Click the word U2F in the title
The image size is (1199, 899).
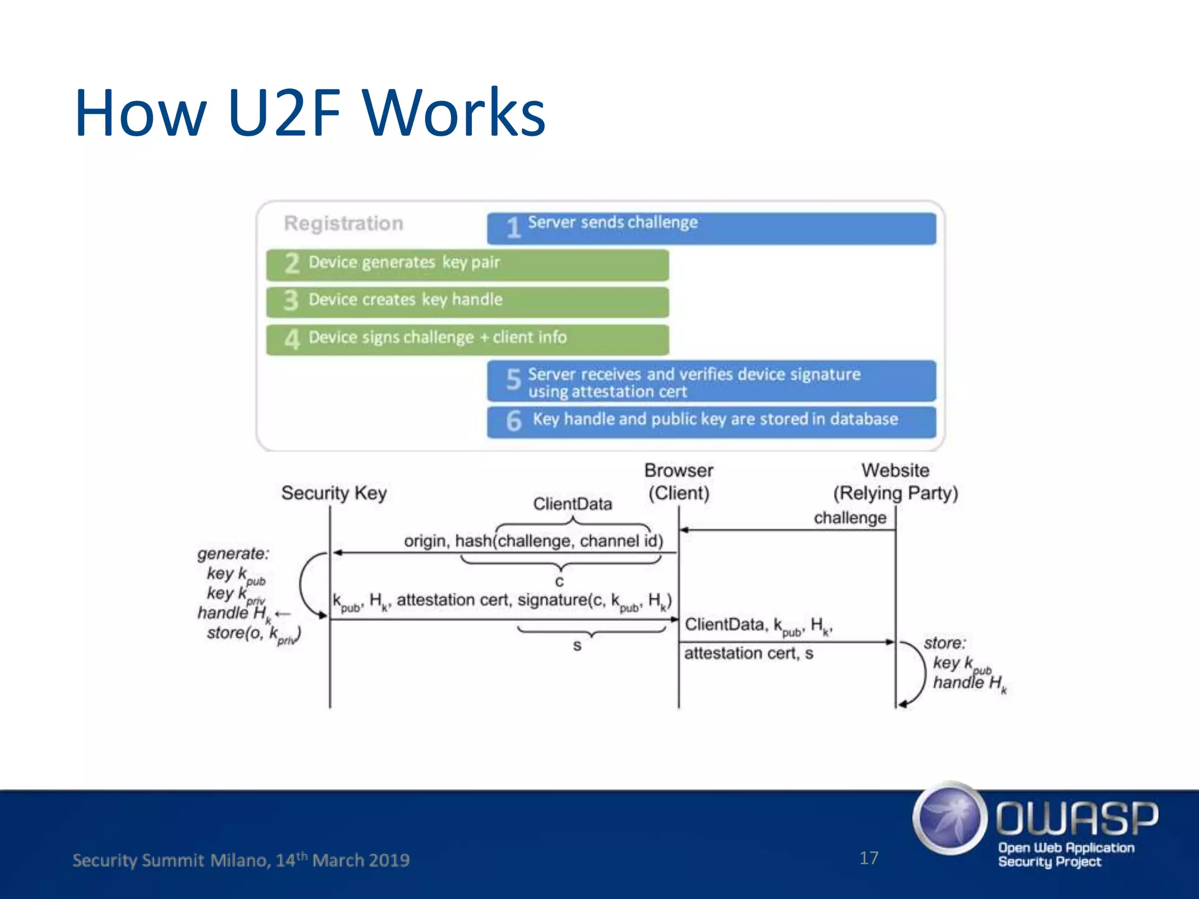click(x=285, y=112)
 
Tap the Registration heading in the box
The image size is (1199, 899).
click(x=344, y=223)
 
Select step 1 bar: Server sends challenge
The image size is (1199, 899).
click(x=711, y=228)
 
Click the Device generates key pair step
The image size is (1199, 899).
click(x=467, y=264)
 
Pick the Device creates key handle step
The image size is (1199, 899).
click(x=467, y=301)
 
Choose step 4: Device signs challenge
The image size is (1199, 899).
click(x=467, y=339)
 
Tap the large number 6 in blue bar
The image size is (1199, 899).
click(x=513, y=421)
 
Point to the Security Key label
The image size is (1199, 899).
click(x=334, y=493)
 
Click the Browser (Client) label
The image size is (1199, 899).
click(x=679, y=482)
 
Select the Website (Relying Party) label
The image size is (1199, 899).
click(x=895, y=482)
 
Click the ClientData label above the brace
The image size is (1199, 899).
click(x=572, y=504)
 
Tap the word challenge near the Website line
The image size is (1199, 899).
click(x=849, y=518)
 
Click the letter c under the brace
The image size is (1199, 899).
click(x=560, y=581)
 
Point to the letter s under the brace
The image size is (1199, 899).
click(x=577, y=646)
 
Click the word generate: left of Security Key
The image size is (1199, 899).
click(x=233, y=554)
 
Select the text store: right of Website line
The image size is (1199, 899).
click(x=944, y=643)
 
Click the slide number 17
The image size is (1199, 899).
click(x=868, y=858)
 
